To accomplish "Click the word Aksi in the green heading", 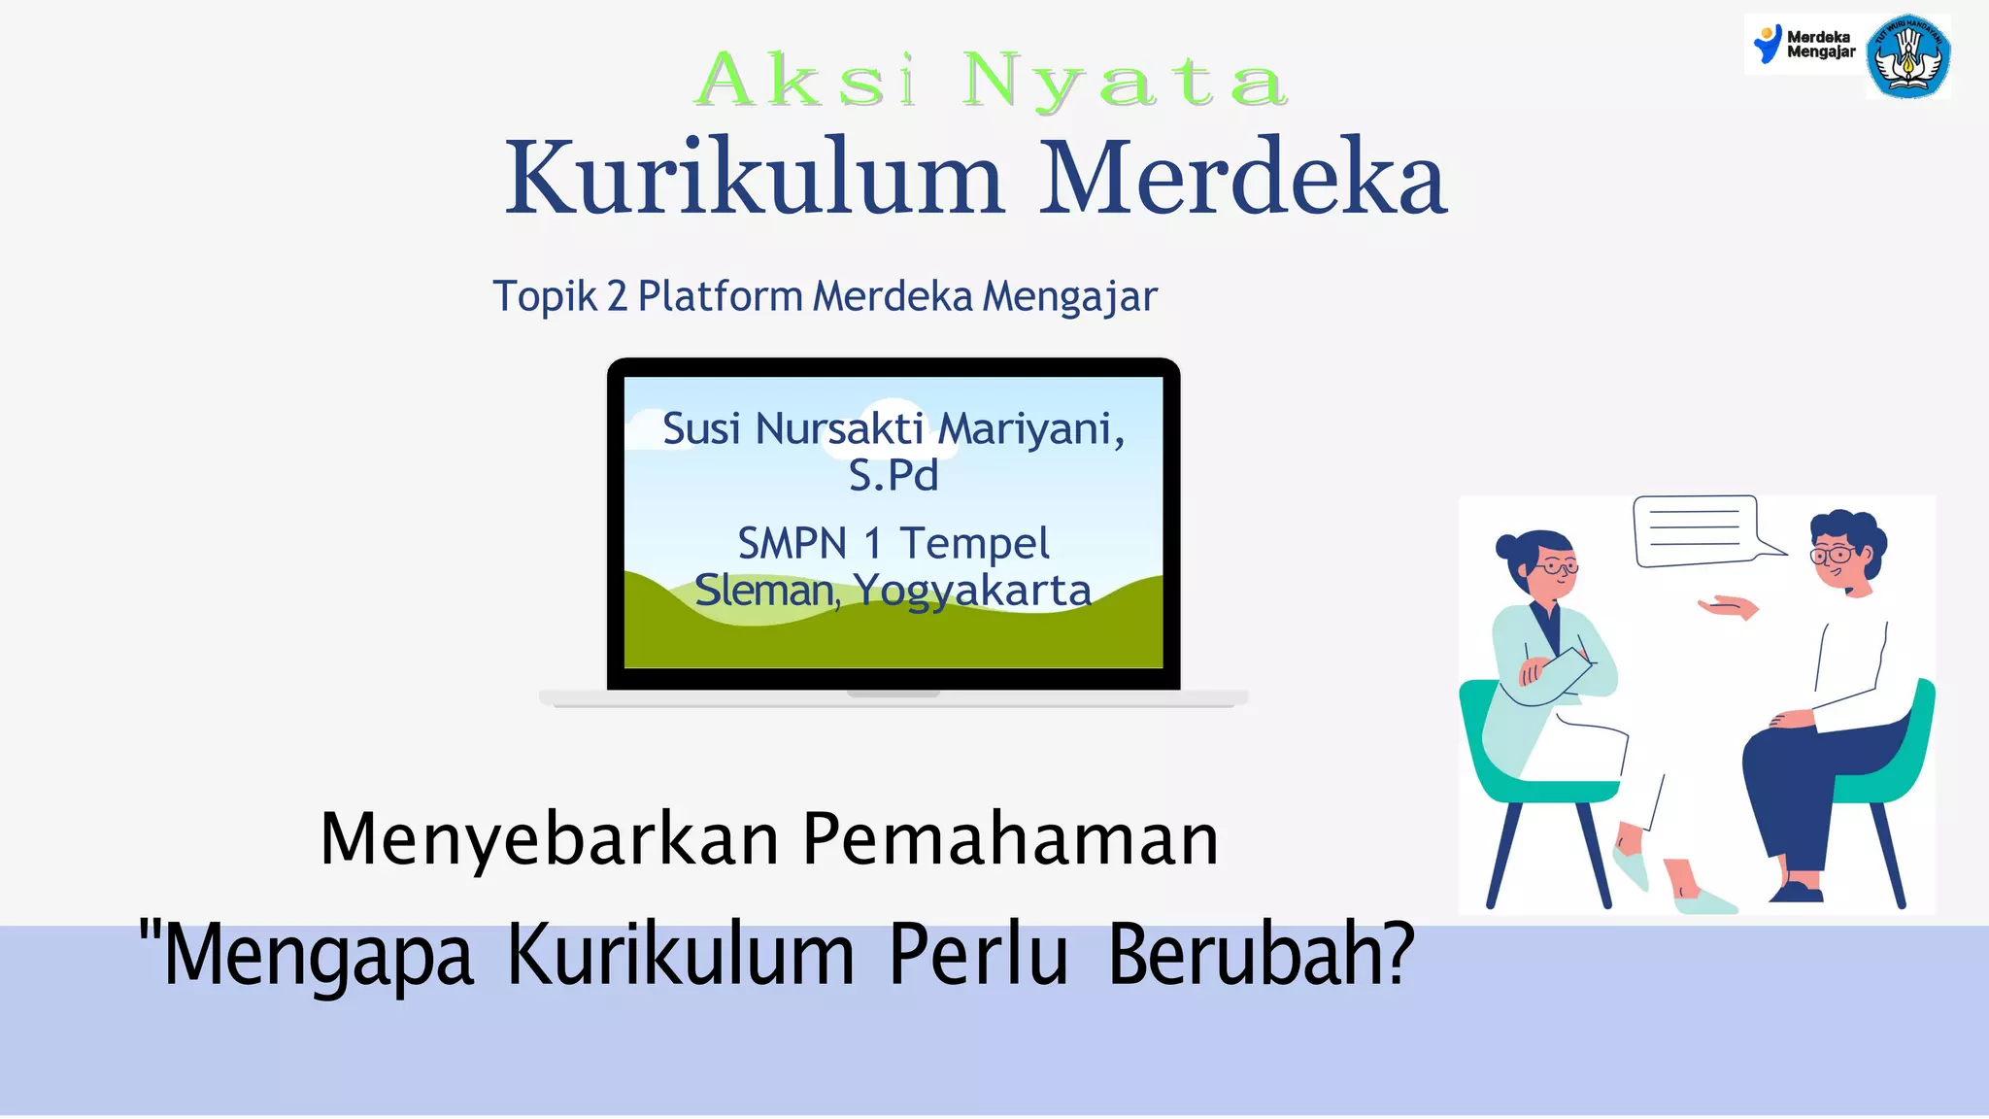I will tap(806, 81).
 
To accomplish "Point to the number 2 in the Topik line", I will tap(617, 296).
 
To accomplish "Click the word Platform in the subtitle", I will tap(720, 296).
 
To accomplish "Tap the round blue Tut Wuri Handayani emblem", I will tap(1908, 56).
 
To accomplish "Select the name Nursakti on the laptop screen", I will tap(839, 428).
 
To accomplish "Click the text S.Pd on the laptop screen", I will tap(893, 476).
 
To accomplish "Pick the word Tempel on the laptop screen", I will tap(974, 544).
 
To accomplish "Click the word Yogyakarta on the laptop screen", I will tap(972, 591).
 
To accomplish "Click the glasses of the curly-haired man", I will tap(1832, 555).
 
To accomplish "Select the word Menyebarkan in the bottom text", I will tap(550, 839).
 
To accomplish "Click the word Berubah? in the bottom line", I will tap(1261, 956).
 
